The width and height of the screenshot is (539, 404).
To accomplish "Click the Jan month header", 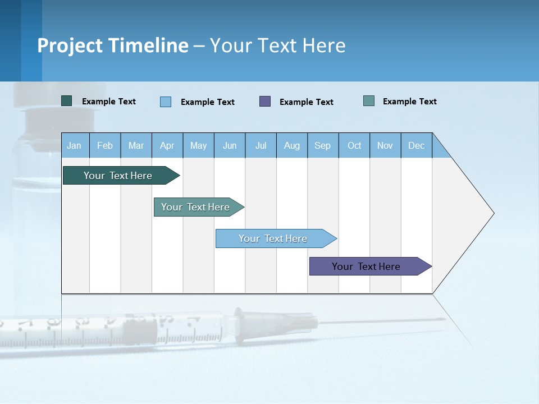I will point(75,145).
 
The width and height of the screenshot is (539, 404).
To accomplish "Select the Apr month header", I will point(167,145).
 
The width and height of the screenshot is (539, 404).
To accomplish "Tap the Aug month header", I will point(292,145).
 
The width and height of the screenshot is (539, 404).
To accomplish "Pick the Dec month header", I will point(416,145).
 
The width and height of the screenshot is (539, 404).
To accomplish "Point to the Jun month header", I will point(230,145).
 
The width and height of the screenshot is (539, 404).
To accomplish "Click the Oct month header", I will point(354,145).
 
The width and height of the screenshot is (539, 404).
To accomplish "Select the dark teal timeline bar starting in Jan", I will point(118,176).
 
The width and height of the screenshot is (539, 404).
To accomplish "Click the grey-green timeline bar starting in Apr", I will point(196,207).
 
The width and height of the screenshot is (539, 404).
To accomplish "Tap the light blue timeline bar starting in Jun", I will point(273,238).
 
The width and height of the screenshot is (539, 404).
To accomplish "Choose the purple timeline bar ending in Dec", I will point(367,267).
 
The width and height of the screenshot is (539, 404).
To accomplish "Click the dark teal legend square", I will point(67,101).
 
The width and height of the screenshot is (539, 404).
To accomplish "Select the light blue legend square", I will point(166,102).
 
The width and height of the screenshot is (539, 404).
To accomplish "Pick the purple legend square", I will point(265,102).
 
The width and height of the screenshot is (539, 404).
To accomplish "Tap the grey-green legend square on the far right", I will point(369,101).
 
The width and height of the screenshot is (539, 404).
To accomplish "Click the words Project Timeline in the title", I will point(113,45).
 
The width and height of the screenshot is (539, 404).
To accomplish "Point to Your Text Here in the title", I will point(278,45).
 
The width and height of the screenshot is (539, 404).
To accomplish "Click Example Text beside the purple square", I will point(307,102).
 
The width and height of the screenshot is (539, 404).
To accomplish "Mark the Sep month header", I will point(323,145).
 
